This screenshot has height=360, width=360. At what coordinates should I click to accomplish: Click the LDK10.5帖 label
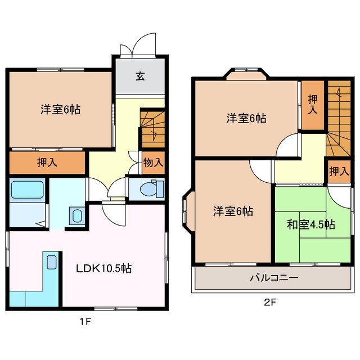point(104,269)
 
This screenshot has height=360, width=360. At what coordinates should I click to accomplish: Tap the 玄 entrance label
point(139,76)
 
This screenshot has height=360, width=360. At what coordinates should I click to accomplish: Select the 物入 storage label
point(153,163)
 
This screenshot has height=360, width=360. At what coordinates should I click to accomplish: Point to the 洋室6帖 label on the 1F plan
point(60,110)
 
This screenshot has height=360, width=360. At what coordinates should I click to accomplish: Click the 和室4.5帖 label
point(310,225)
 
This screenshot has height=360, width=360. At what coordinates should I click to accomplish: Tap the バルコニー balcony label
point(273,278)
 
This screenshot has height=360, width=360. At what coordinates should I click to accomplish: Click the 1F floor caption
point(85,322)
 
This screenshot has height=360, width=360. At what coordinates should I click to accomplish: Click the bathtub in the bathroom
point(27,190)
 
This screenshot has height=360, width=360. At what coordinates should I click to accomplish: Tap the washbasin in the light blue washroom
point(76,215)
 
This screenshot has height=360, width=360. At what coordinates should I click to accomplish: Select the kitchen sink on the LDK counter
point(51,262)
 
